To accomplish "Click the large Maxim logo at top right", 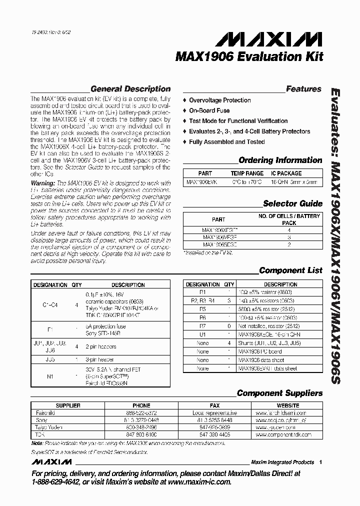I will [x=285, y=38].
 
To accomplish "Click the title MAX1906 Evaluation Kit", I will [x=249, y=56].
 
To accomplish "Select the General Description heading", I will [x=130, y=89].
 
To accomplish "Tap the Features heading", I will [x=303, y=89].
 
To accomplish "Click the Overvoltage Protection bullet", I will [x=219, y=100].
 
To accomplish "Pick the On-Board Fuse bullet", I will [x=209, y=110].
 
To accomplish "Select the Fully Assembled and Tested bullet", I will [x=226, y=142].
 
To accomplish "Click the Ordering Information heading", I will [x=280, y=160].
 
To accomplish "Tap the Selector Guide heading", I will [x=292, y=203].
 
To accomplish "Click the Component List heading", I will [x=290, y=270].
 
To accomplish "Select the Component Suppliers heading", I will [x=279, y=393].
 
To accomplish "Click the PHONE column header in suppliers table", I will [x=141, y=405].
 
